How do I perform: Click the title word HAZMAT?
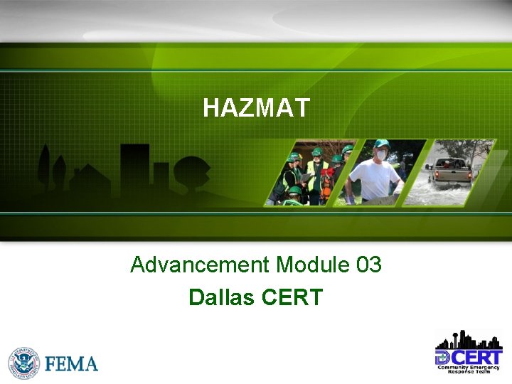click(256, 108)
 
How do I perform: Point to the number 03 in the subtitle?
click(368, 265)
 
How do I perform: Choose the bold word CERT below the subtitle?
click(292, 297)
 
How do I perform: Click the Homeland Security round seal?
click(24, 363)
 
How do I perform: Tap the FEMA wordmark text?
click(71, 364)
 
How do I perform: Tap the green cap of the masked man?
click(382, 144)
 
